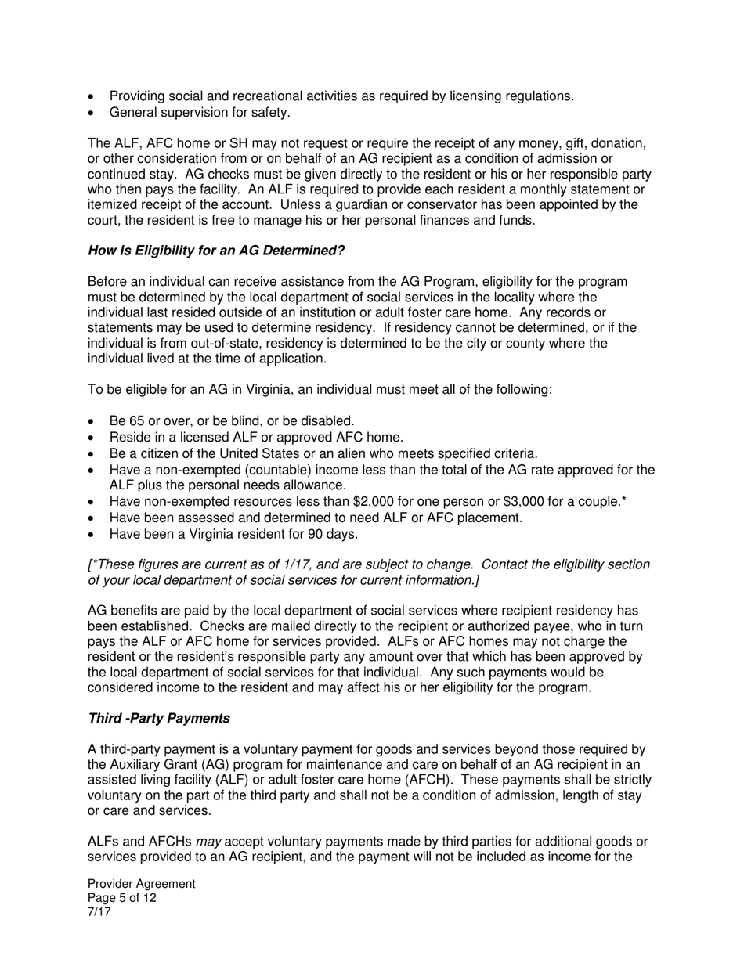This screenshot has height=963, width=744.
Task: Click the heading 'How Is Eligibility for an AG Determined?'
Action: tap(216, 251)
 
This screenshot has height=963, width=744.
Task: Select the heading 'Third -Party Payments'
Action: tap(159, 719)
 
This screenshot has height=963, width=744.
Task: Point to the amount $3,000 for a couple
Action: tap(503, 501)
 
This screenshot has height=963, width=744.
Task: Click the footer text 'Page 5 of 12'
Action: tap(122, 898)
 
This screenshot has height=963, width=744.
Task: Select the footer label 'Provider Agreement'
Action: tap(142, 884)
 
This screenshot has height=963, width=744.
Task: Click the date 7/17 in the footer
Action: tap(99, 912)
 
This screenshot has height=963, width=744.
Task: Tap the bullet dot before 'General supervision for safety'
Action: tap(92, 113)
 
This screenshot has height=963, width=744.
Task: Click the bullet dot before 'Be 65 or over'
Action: tap(92, 421)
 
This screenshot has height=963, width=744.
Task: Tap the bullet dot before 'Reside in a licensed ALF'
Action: tap(92, 438)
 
